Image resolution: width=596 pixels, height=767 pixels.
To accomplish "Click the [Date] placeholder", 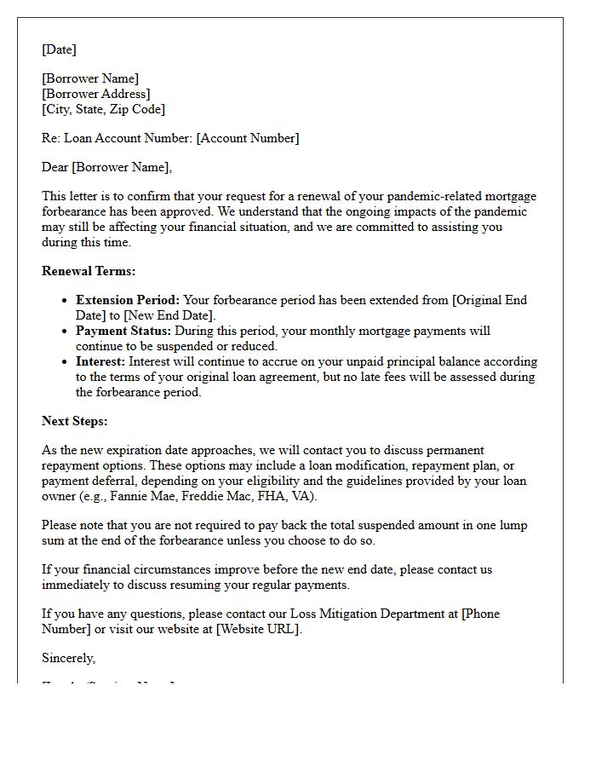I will click(x=59, y=49).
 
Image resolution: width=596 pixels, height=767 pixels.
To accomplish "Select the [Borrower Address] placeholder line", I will click(x=95, y=94).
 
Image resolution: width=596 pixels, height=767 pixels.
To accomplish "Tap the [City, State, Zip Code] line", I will click(x=103, y=109).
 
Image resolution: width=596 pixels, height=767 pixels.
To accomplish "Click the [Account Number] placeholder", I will click(x=248, y=138).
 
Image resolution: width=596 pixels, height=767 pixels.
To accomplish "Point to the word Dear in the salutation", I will click(x=54, y=167).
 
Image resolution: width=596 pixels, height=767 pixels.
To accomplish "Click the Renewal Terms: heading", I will click(x=89, y=271).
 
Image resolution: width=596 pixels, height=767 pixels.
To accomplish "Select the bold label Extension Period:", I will click(x=128, y=300).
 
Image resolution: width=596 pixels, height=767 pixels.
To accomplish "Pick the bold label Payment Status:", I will click(x=123, y=331).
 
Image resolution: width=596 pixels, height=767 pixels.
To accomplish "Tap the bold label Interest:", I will click(x=100, y=361).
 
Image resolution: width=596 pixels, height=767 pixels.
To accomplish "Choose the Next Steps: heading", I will click(x=75, y=421).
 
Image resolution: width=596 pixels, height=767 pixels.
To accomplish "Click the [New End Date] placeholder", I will click(x=169, y=315).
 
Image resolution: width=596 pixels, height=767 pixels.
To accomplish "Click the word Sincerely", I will click(x=68, y=658).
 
